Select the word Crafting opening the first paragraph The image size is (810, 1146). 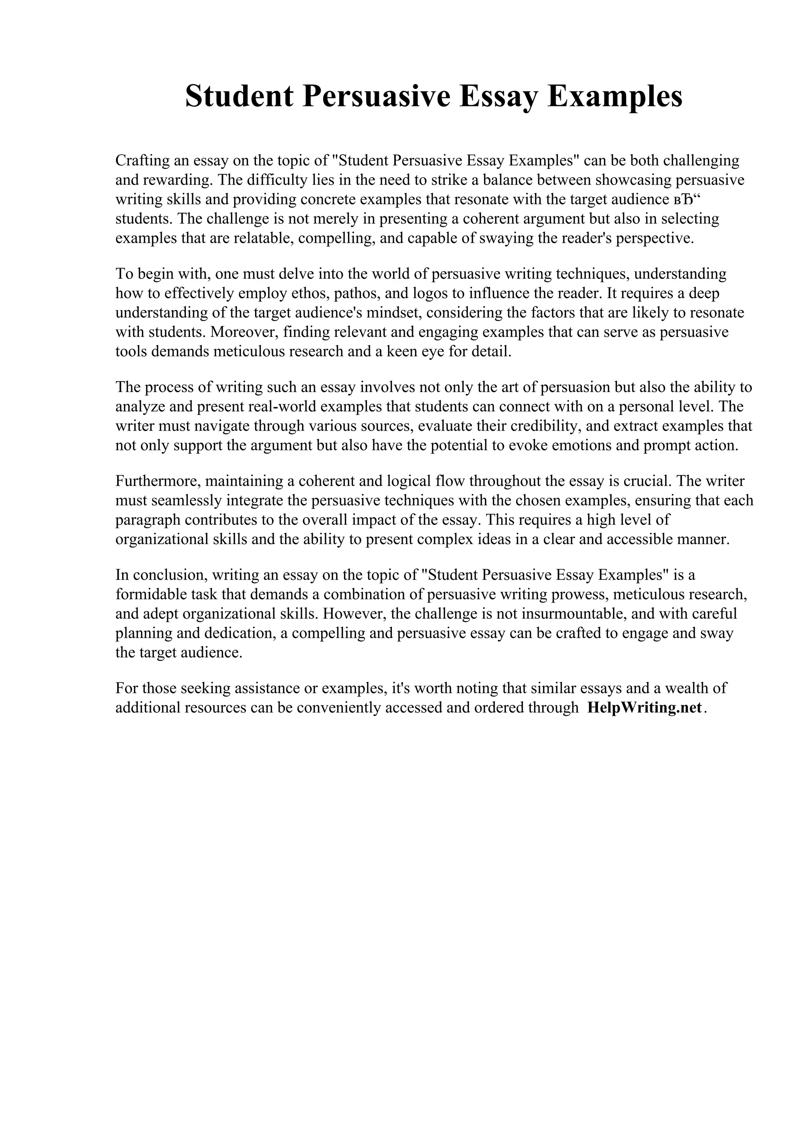(139, 161)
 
